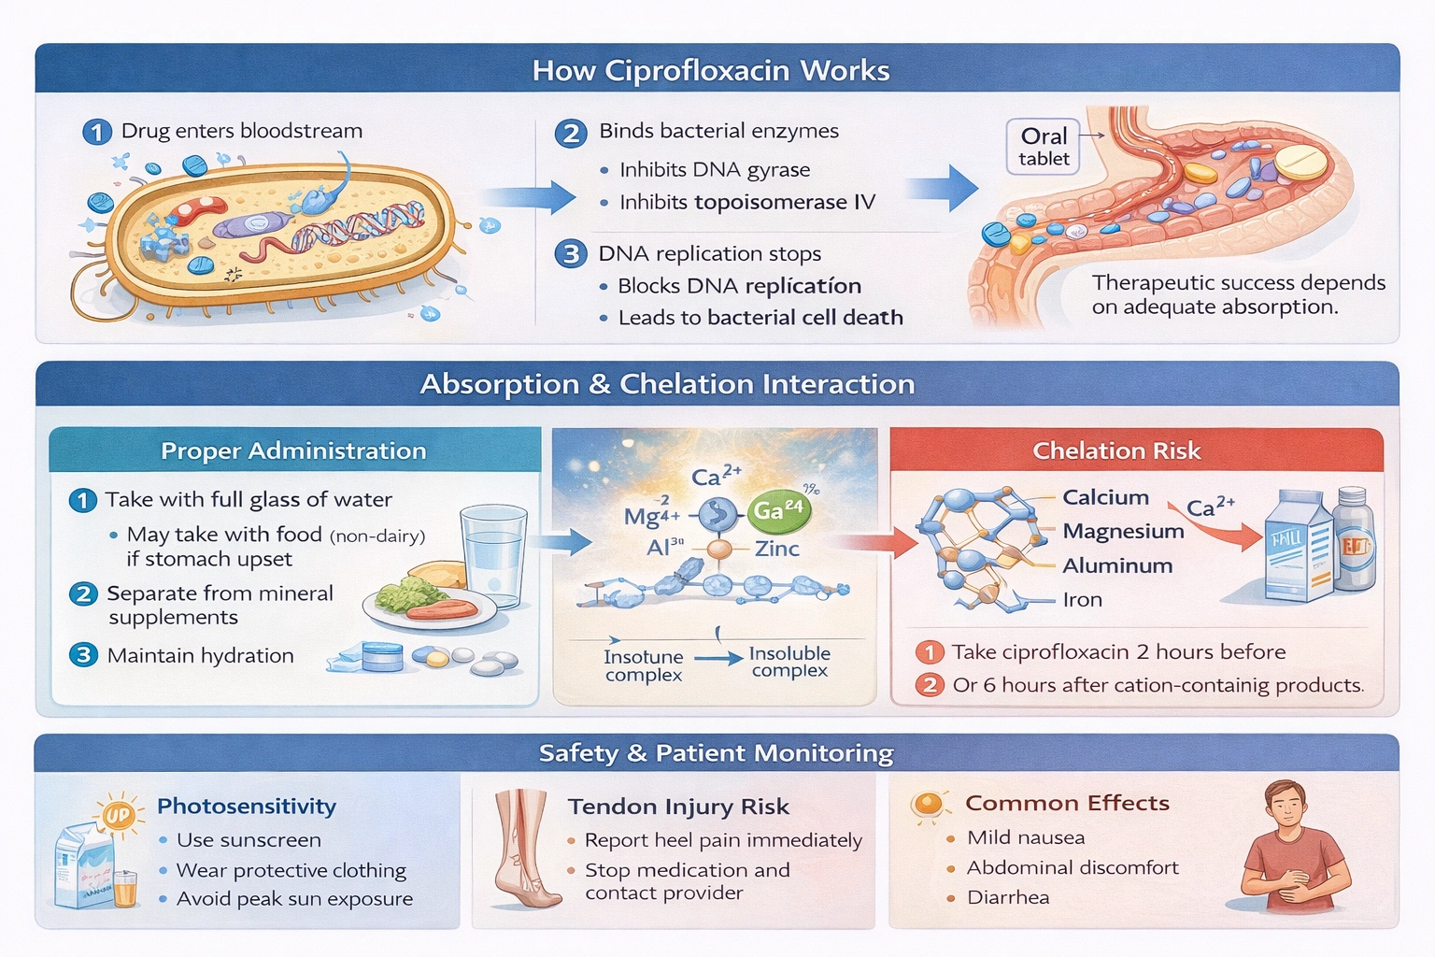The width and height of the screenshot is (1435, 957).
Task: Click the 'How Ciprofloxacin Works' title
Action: pyautogui.click(x=711, y=71)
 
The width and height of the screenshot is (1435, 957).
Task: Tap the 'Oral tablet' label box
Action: pyautogui.click(x=1044, y=147)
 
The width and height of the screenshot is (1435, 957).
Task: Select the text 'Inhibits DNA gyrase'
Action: pyautogui.click(x=715, y=170)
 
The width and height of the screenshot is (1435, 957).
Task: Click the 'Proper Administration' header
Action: pyautogui.click(x=293, y=450)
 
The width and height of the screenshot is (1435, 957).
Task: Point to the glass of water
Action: pyautogui.click(x=494, y=553)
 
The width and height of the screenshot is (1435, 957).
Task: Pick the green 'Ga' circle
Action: pyautogui.click(x=778, y=511)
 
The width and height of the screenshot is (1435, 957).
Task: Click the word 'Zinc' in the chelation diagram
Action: pyautogui.click(x=777, y=549)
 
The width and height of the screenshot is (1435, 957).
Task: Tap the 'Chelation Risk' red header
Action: pyautogui.click(x=1116, y=450)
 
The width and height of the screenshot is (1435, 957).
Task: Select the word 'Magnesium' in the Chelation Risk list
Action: pyautogui.click(x=1123, y=532)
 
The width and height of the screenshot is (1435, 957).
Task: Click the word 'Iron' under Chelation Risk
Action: pyautogui.click(x=1083, y=600)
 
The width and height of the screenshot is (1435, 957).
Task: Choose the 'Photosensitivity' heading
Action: pyautogui.click(x=247, y=807)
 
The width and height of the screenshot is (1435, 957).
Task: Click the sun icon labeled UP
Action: pyautogui.click(x=119, y=815)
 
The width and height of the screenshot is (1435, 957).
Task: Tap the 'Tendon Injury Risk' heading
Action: pyautogui.click(x=678, y=807)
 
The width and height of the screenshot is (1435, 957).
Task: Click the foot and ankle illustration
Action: pyautogui.click(x=523, y=850)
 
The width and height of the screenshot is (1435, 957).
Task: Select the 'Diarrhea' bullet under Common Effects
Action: pyautogui.click(x=1008, y=898)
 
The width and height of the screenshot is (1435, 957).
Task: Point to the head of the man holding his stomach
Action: pyautogui.click(x=1286, y=805)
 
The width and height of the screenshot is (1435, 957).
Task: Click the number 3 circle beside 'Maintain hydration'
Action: pyautogui.click(x=83, y=655)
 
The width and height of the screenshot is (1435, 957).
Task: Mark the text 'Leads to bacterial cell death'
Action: pyautogui.click(x=760, y=318)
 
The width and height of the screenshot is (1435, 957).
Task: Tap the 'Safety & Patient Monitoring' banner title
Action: pyautogui.click(x=716, y=753)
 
